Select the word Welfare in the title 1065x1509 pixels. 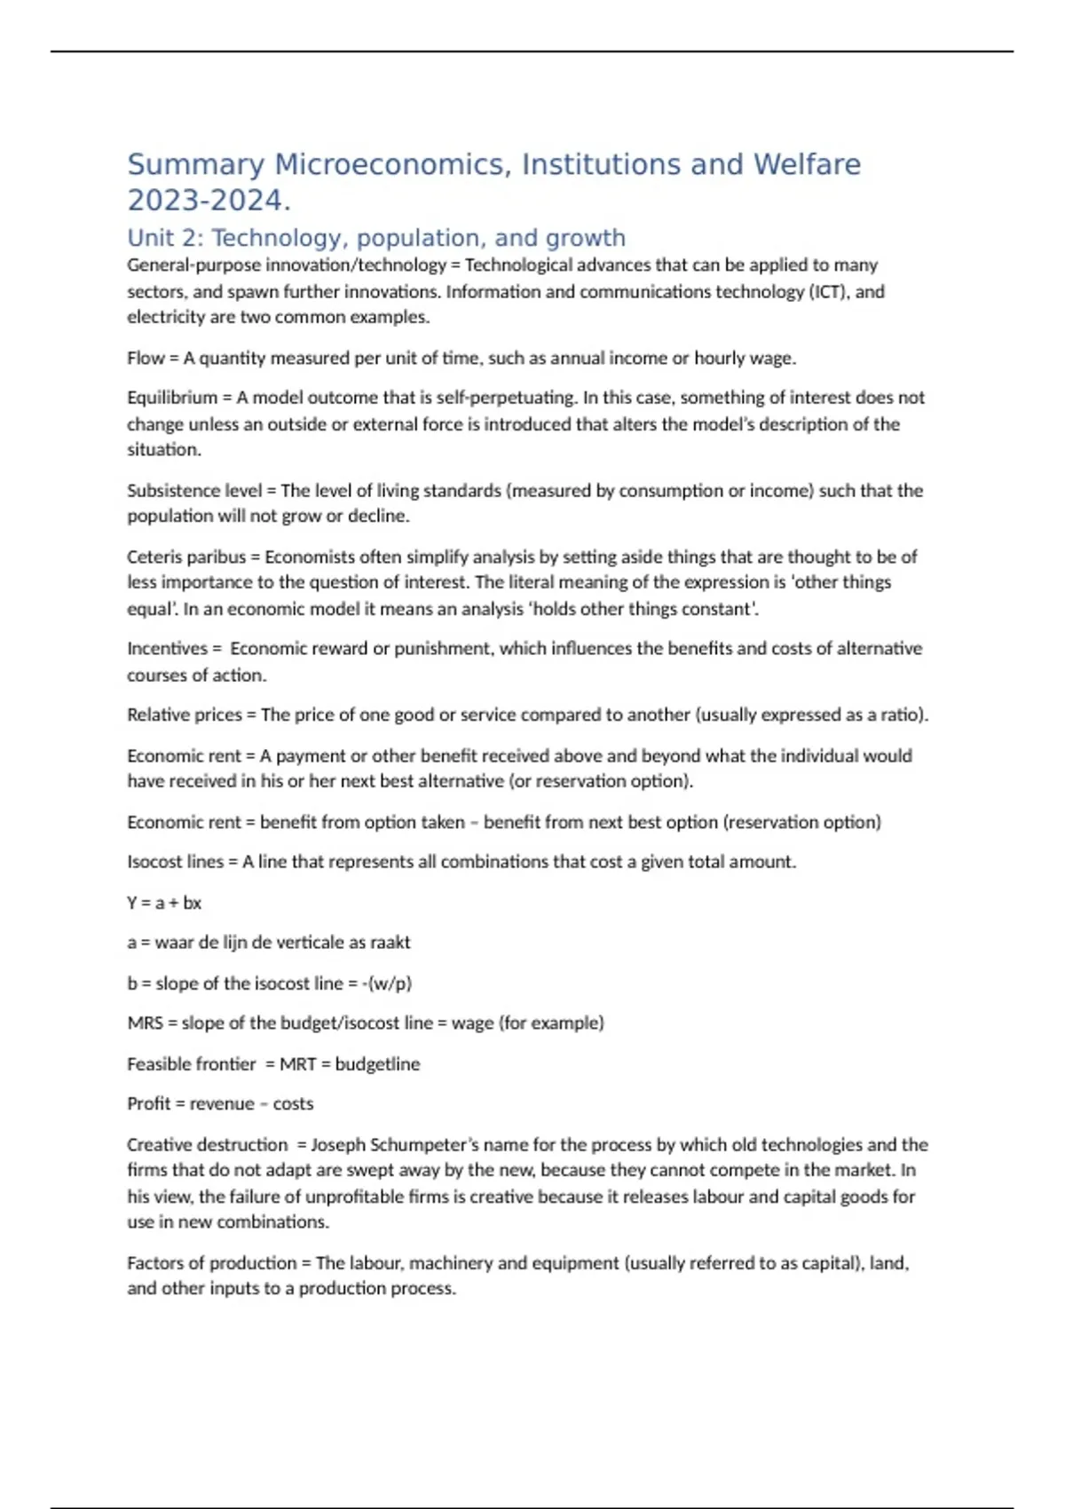(x=807, y=165)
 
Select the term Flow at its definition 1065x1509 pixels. (x=146, y=358)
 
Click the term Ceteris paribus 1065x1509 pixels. (x=186, y=557)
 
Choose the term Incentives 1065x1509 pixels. (x=167, y=649)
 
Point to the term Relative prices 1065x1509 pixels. (x=185, y=715)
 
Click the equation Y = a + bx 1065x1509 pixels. (x=164, y=903)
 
